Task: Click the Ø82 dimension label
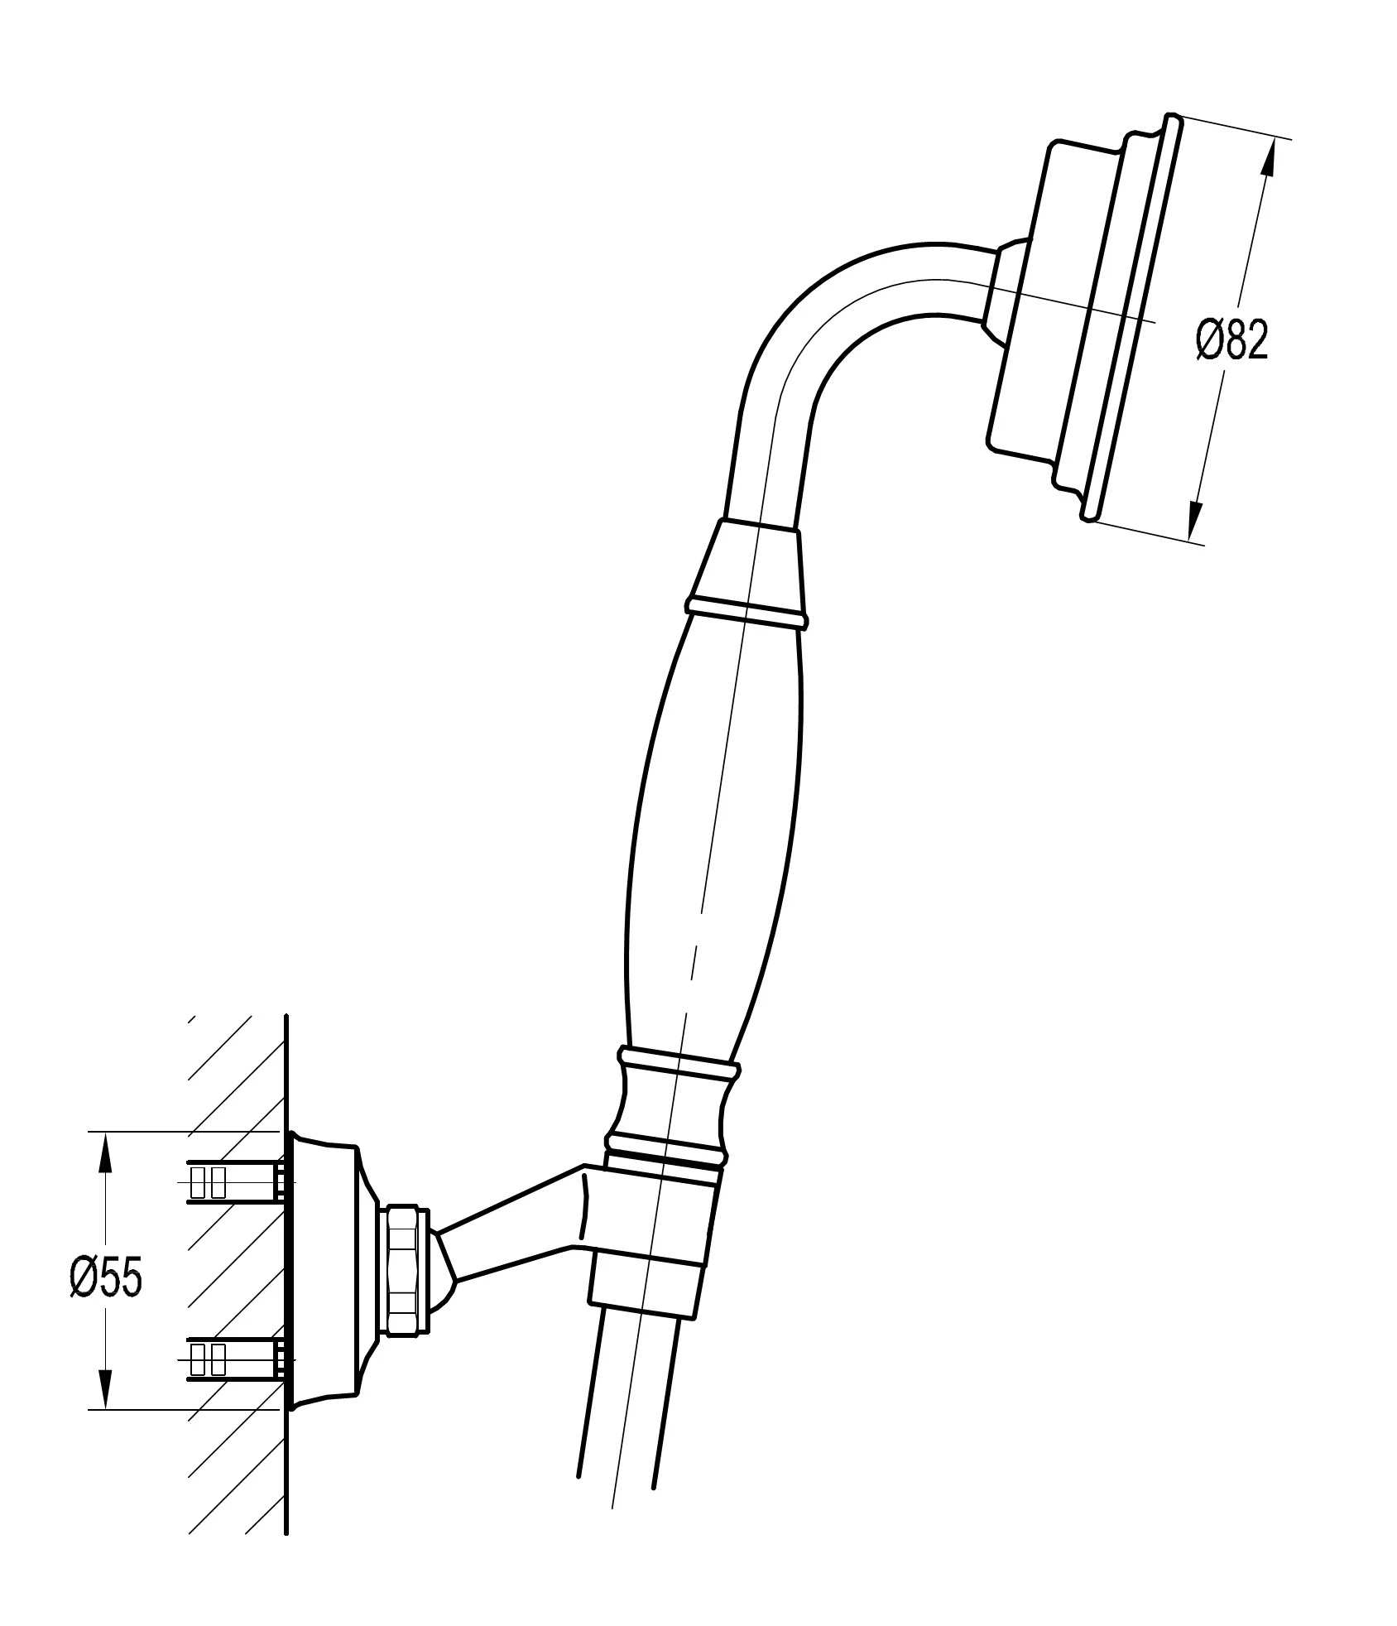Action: tap(1231, 340)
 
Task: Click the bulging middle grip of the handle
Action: tap(712, 836)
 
